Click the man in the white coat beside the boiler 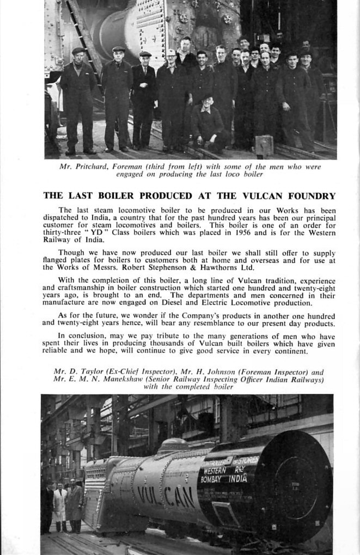tap(60, 508)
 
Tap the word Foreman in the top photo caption tap(135, 167)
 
